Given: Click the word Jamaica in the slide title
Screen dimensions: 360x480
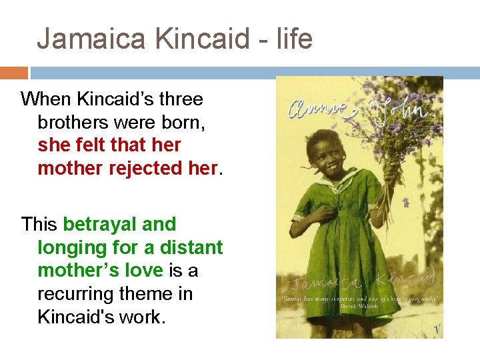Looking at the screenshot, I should click(92, 39).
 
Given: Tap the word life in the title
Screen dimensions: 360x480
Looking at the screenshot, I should click(293, 39).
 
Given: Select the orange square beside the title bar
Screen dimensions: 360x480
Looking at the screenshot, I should click(14, 73).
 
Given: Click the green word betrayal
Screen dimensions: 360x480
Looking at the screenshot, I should click(101, 224).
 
